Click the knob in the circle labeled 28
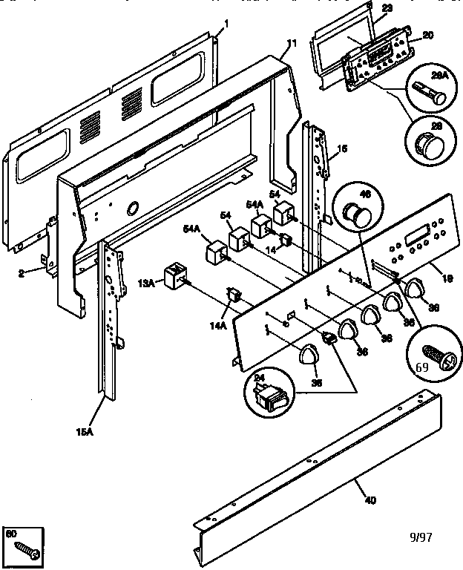click(x=429, y=143)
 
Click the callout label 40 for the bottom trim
click(x=370, y=499)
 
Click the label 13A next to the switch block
click(x=145, y=282)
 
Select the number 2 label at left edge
click(x=22, y=274)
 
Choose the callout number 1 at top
click(x=226, y=23)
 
